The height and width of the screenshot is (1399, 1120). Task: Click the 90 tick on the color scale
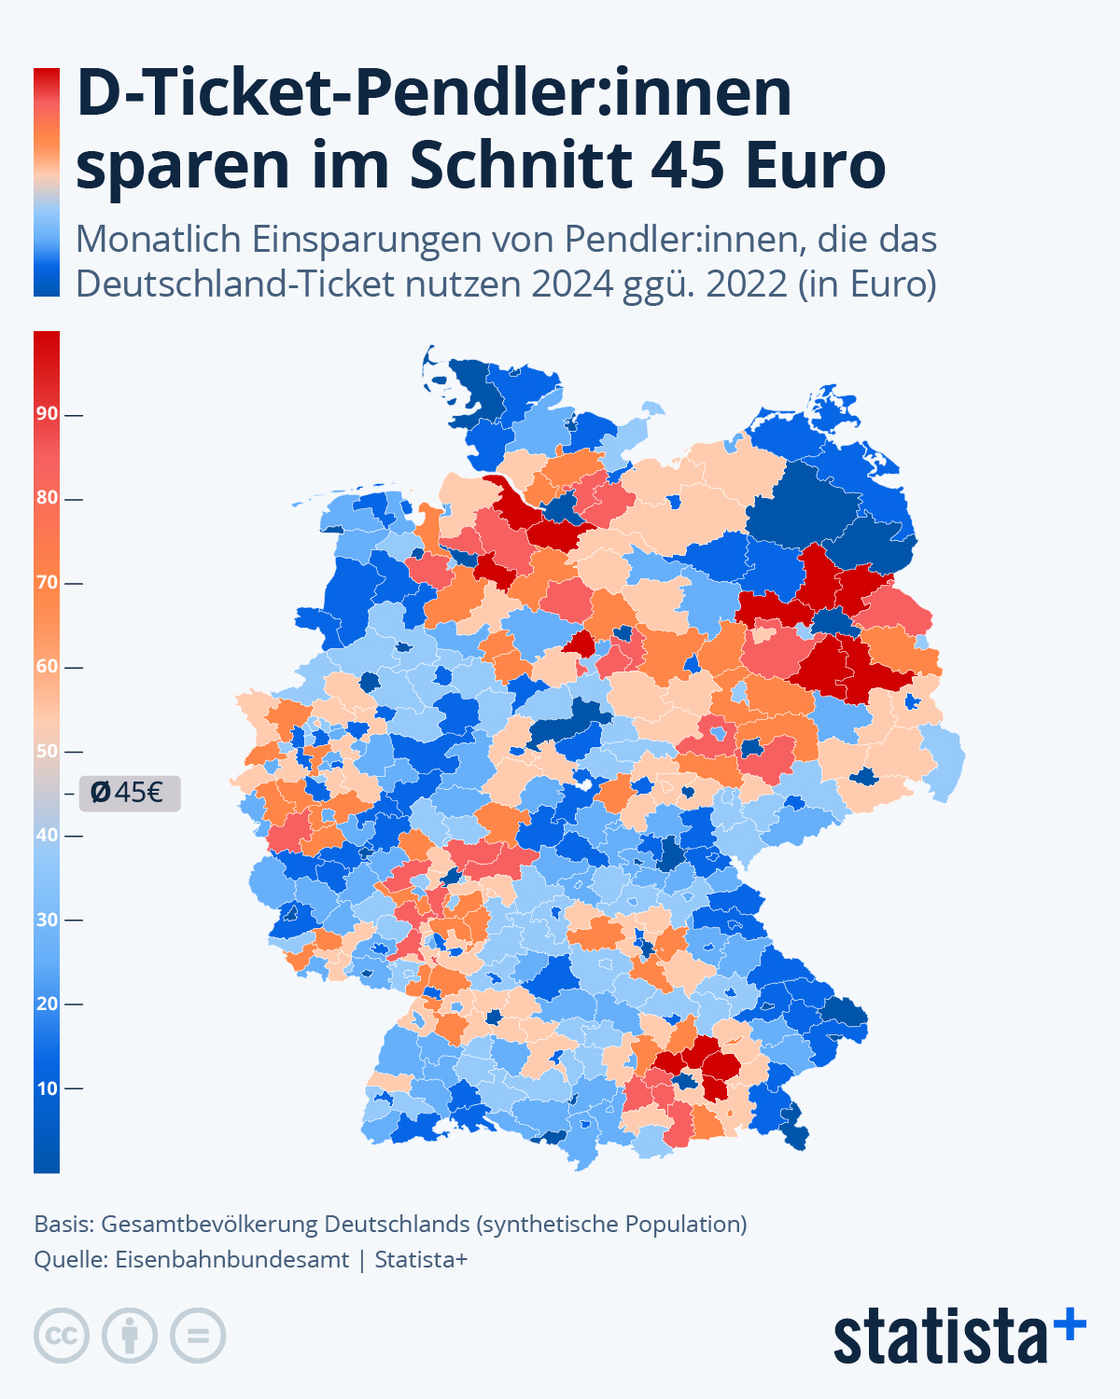coord(49,413)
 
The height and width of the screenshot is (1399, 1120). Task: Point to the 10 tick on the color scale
coord(49,1088)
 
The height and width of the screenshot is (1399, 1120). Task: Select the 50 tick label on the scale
coord(47,751)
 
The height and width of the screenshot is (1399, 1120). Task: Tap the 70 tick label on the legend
coord(47,582)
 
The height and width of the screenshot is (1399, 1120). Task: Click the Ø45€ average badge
coord(129,793)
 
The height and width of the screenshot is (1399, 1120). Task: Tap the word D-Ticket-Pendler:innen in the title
coord(434,93)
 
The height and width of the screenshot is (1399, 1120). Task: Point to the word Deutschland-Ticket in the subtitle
coord(235,284)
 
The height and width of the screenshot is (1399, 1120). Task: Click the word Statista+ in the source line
coord(421,1259)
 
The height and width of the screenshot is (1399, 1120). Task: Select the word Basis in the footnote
coord(63,1224)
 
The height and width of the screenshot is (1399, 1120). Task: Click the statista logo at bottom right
coord(959,1336)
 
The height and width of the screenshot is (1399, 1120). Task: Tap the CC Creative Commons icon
coord(62,1336)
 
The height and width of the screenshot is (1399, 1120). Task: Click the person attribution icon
coord(130,1336)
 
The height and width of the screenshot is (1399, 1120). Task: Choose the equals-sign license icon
coord(198,1336)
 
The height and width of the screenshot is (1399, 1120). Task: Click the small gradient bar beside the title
coord(47,182)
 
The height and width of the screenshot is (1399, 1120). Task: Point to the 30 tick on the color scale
coord(49,920)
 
